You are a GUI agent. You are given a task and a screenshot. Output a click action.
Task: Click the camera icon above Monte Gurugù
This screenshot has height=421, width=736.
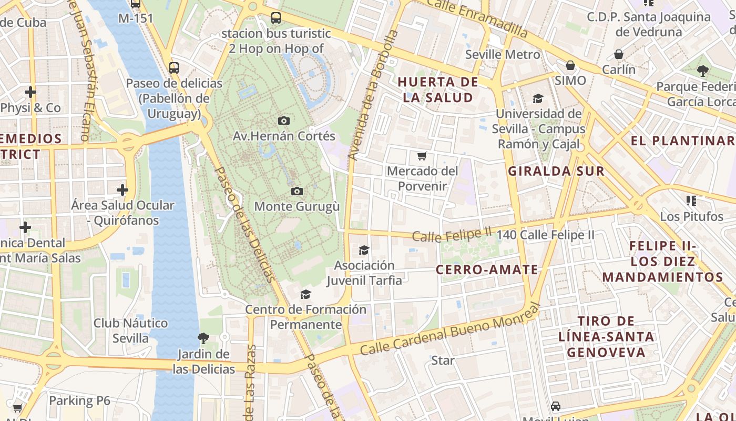(297, 191)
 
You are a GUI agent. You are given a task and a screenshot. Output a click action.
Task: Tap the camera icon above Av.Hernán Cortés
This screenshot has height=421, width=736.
(284, 121)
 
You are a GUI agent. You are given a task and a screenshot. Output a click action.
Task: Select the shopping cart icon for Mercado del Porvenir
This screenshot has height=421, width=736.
(422, 156)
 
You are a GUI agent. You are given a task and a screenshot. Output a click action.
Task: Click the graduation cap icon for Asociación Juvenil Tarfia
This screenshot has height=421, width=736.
(364, 250)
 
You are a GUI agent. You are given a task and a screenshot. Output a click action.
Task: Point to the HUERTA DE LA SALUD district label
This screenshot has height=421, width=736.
(438, 89)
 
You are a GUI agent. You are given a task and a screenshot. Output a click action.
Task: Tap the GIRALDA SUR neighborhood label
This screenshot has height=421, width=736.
(556, 171)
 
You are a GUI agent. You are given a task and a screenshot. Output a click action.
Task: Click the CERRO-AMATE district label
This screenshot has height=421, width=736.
(487, 270)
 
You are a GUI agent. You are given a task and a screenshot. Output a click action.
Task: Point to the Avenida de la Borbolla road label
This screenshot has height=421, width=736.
(374, 95)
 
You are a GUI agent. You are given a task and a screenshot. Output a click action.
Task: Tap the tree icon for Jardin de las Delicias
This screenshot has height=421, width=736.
(203, 338)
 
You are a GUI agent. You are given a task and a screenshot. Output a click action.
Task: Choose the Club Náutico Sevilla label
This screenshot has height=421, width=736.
(130, 330)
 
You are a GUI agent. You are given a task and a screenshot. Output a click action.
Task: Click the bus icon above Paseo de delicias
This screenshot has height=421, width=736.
(174, 68)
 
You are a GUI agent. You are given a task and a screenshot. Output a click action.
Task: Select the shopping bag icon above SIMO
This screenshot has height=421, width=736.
(570, 65)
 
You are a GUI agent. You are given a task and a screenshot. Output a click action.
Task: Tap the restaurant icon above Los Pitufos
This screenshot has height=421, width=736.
(691, 201)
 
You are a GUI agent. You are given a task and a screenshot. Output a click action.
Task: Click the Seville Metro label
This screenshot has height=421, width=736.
(503, 55)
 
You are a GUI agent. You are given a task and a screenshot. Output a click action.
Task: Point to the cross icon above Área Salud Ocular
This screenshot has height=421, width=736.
(122, 189)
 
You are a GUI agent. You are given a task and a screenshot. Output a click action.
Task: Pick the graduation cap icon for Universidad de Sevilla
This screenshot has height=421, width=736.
(538, 98)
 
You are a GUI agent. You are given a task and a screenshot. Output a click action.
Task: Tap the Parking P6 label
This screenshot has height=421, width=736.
(79, 400)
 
